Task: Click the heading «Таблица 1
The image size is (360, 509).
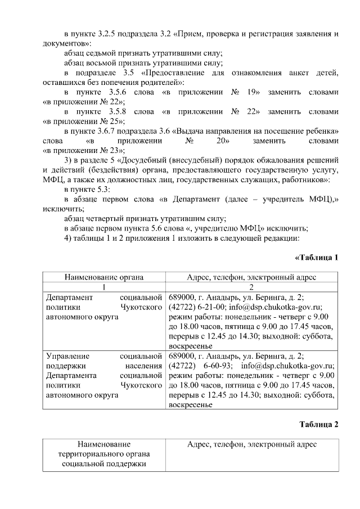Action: click(x=316, y=258)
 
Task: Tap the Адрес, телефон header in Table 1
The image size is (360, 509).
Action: click(x=251, y=277)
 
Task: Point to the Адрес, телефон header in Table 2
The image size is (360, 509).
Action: click(x=251, y=444)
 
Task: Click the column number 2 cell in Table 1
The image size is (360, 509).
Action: click(x=251, y=287)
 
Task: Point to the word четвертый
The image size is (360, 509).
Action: click(x=109, y=218)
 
